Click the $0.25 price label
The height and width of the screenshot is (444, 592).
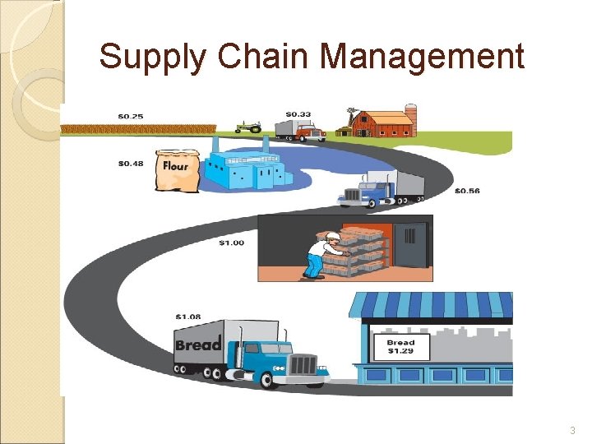click(131, 117)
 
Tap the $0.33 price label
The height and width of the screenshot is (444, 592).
click(298, 113)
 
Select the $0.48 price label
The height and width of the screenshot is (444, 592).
click(131, 164)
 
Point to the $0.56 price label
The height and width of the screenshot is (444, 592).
click(467, 191)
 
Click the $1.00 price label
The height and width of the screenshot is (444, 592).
click(231, 243)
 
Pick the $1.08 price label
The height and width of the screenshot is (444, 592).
click(188, 316)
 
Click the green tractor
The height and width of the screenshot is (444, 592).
click(248, 127)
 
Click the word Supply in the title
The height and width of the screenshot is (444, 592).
click(146, 57)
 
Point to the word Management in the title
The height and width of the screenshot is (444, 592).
click(421, 57)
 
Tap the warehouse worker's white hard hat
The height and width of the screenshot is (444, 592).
click(332, 237)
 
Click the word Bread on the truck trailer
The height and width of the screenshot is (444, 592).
click(199, 344)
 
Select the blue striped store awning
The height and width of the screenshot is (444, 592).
click(431, 304)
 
